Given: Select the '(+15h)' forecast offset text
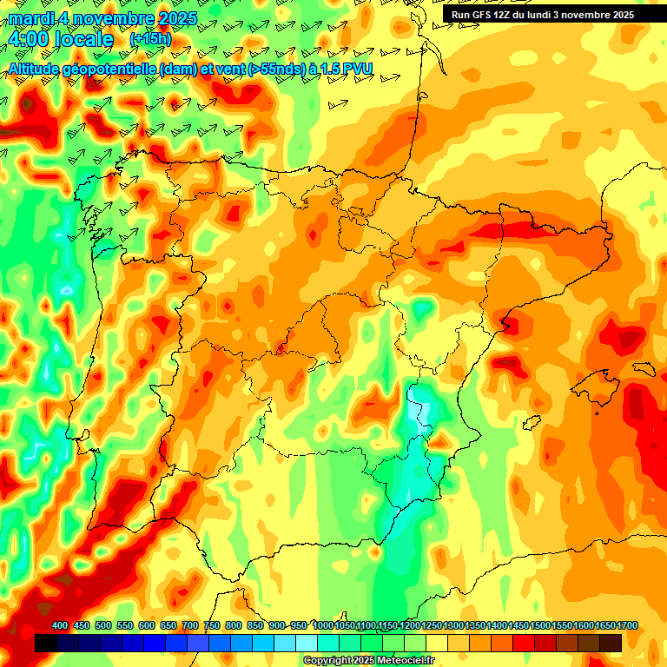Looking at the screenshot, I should click(150, 39).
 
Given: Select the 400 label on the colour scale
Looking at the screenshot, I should click(60, 626).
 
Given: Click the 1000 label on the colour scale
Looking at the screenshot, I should click(323, 626).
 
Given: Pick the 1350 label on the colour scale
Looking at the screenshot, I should click(475, 626).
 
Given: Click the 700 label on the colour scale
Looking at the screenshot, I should click(190, 626).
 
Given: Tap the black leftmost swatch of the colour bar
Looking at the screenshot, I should click(46, 643).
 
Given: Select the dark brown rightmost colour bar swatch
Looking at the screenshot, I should click(611, 643).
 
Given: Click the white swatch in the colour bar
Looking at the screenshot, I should click(307, 643).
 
